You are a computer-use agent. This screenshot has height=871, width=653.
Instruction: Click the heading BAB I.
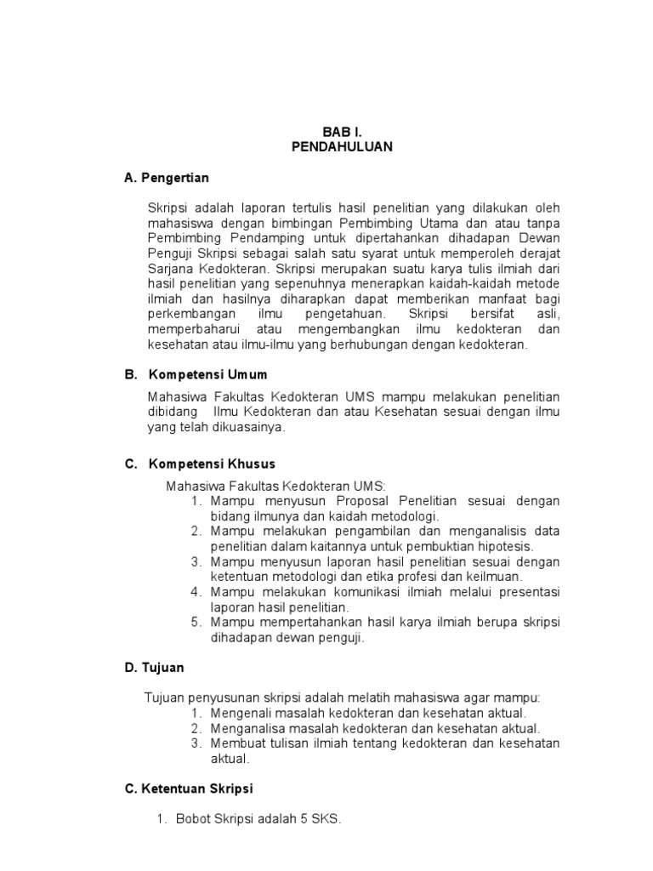coord(342,132)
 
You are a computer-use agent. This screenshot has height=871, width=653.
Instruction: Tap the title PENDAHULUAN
coord(342,146)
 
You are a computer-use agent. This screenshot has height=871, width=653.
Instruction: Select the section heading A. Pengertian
coord(167,178)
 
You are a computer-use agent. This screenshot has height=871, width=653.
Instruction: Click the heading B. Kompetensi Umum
coord(196,373)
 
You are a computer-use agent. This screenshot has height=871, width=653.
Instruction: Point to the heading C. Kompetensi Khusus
coord(200,464)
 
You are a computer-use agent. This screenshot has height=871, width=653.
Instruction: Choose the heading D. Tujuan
coord(154,668)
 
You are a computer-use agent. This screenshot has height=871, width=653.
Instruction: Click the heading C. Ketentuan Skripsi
coord(189,788)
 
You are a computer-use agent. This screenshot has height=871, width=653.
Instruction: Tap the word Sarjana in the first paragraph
coord(168,269)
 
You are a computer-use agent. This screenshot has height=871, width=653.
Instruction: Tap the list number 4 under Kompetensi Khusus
coord(196,591)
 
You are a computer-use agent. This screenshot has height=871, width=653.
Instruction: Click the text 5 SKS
coord(319,819)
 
